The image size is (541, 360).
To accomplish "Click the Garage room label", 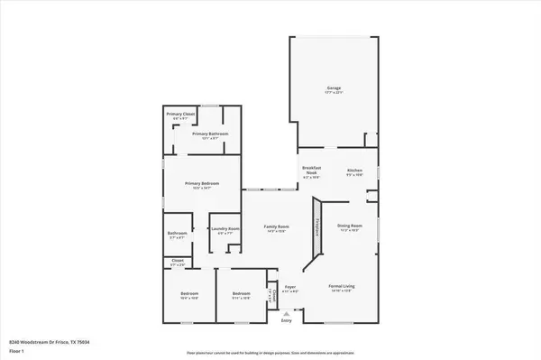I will [335, 89].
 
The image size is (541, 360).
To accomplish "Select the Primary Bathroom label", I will [210, 134].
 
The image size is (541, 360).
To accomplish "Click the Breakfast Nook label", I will [311, 174].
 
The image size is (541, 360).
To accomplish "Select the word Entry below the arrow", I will [287, 320].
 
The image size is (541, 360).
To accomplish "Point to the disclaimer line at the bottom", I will [270, 353].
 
